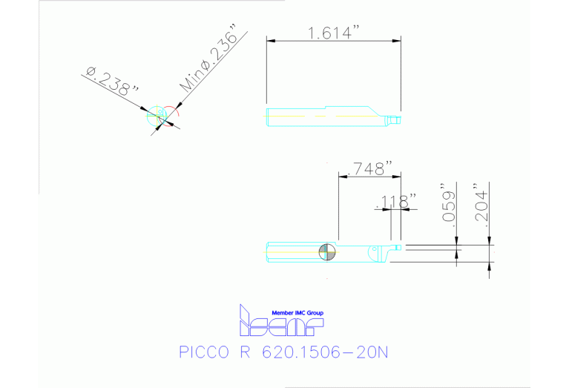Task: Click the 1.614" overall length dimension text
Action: pos(333,33)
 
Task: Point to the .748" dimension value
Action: pos(368,168)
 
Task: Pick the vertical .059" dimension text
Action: pos(447,204)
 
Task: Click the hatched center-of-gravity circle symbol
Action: pos(327,252)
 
